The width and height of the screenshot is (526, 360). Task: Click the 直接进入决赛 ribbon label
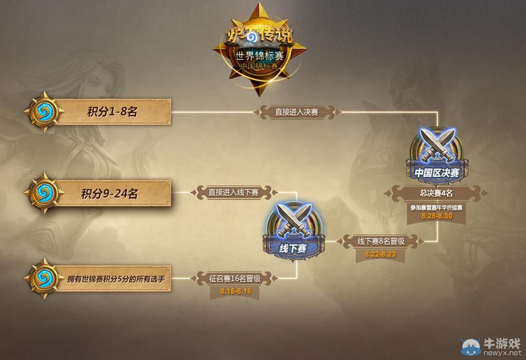297,112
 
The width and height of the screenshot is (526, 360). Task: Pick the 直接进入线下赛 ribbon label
233,192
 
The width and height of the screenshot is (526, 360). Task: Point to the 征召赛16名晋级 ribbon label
235,277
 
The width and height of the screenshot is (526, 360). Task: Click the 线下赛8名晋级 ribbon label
380,241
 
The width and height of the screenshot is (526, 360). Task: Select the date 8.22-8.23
380,254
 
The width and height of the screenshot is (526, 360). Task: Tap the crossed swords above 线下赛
293,220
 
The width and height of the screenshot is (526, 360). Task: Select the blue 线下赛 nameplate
293,248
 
